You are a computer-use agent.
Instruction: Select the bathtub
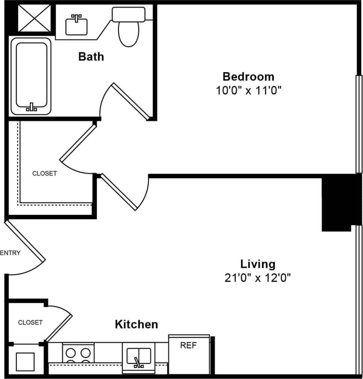click(31, 76)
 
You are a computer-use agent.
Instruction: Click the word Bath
click(91, 56)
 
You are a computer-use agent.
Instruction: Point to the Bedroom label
click(248, 76)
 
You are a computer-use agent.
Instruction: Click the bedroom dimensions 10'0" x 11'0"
click(248, 91)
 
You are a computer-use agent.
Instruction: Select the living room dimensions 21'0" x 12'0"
click(257, 278)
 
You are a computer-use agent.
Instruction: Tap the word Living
click(257, 264)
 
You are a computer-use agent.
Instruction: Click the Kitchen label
click(136, 324)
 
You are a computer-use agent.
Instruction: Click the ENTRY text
click(11, 253)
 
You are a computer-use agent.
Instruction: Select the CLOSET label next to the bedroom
click(44, 173)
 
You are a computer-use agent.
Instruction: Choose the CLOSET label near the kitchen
click(30, 322)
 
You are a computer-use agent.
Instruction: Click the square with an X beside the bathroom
click(34, 18)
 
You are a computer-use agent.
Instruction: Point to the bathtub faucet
click(31, 107)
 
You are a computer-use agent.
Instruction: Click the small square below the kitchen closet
click(25, 361)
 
